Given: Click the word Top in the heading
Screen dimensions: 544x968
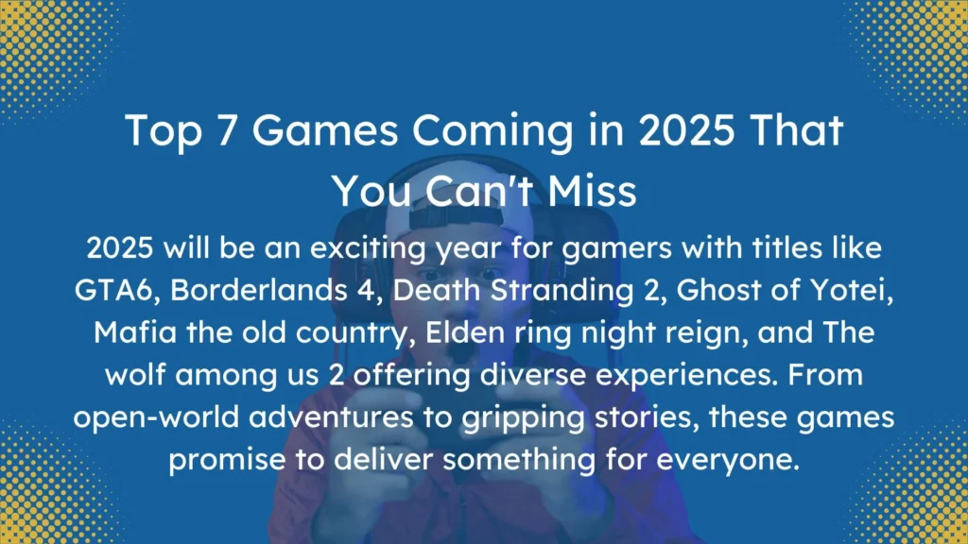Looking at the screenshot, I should coord(162,132).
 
